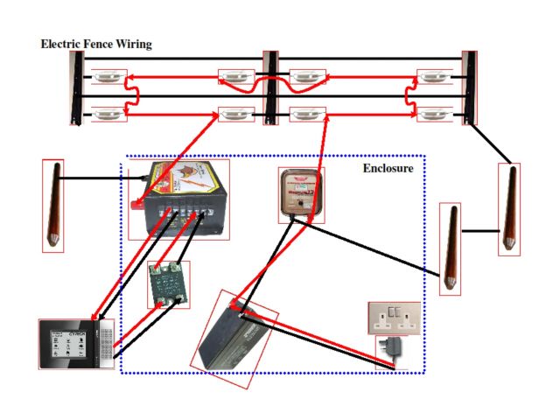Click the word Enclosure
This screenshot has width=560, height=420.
coord(388,167)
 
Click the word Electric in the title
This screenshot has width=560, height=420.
coord(62,44)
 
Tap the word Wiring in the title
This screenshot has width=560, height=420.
coord(133,44)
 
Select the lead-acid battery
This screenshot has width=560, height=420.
coord(235,333)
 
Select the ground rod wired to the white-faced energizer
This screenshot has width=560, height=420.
coord(450,248)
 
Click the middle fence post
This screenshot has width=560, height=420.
coord(270,87)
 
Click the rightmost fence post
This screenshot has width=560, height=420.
coord(471,87)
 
